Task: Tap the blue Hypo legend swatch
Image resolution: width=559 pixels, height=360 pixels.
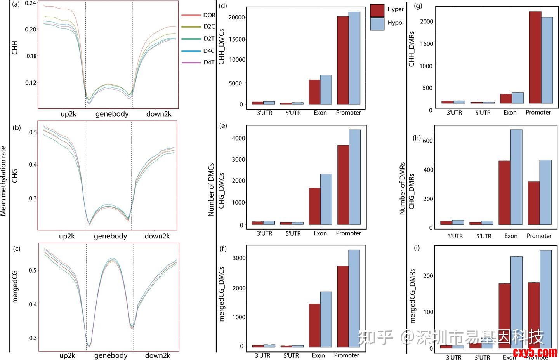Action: tap(377, 24)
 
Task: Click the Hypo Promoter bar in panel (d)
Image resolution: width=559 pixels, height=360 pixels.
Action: tap(354, 58)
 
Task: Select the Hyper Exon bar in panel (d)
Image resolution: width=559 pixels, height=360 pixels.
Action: tap(314, 92)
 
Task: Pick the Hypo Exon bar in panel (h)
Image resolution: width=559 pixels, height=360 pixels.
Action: tap(516, 177)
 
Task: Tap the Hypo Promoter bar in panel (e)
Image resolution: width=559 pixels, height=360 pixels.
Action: tap(355, 177)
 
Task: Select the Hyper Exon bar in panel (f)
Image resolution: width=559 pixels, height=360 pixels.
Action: tap(314, 325)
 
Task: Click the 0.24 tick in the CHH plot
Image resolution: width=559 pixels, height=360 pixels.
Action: tap(31, 3)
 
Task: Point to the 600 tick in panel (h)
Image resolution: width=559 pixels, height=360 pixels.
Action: tap(427, 141)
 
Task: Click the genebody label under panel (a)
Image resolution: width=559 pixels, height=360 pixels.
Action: tap(112, 114)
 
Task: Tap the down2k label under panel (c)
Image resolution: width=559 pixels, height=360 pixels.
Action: tap(158, 355)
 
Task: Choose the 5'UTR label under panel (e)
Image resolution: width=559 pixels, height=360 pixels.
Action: tap(293, 233)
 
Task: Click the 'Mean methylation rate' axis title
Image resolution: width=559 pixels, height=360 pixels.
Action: tap(4, 181)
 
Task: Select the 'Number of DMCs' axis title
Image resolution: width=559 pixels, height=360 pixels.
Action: tap(211, 190)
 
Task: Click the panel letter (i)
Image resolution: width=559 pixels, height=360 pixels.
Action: tap(417, 249)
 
